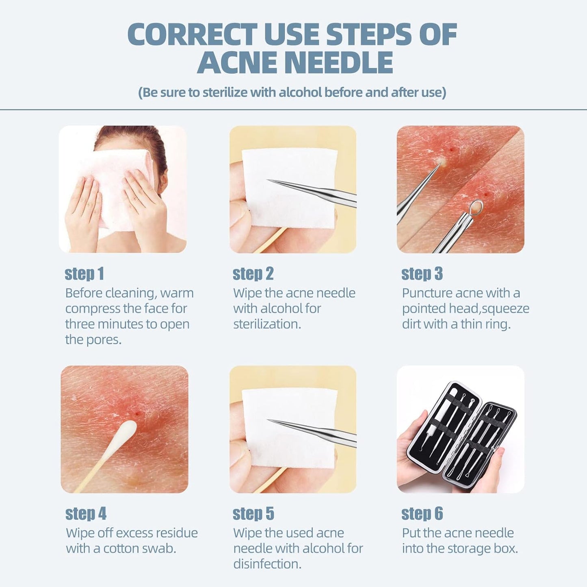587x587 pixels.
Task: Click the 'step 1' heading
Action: (84, 274)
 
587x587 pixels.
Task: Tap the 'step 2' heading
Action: (253, 274)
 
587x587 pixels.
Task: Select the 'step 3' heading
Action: (422, 274)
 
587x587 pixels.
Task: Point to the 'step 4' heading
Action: (86, 514)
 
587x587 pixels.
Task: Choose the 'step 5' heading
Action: (253, 514)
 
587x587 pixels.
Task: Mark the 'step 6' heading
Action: (422, 514)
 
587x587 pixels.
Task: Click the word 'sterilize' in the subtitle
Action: (225, 93)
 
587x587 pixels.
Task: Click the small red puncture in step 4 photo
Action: (139, 414)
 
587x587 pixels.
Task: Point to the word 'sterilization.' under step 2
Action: (267, 325)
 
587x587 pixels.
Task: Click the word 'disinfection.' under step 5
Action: (267, 564)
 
